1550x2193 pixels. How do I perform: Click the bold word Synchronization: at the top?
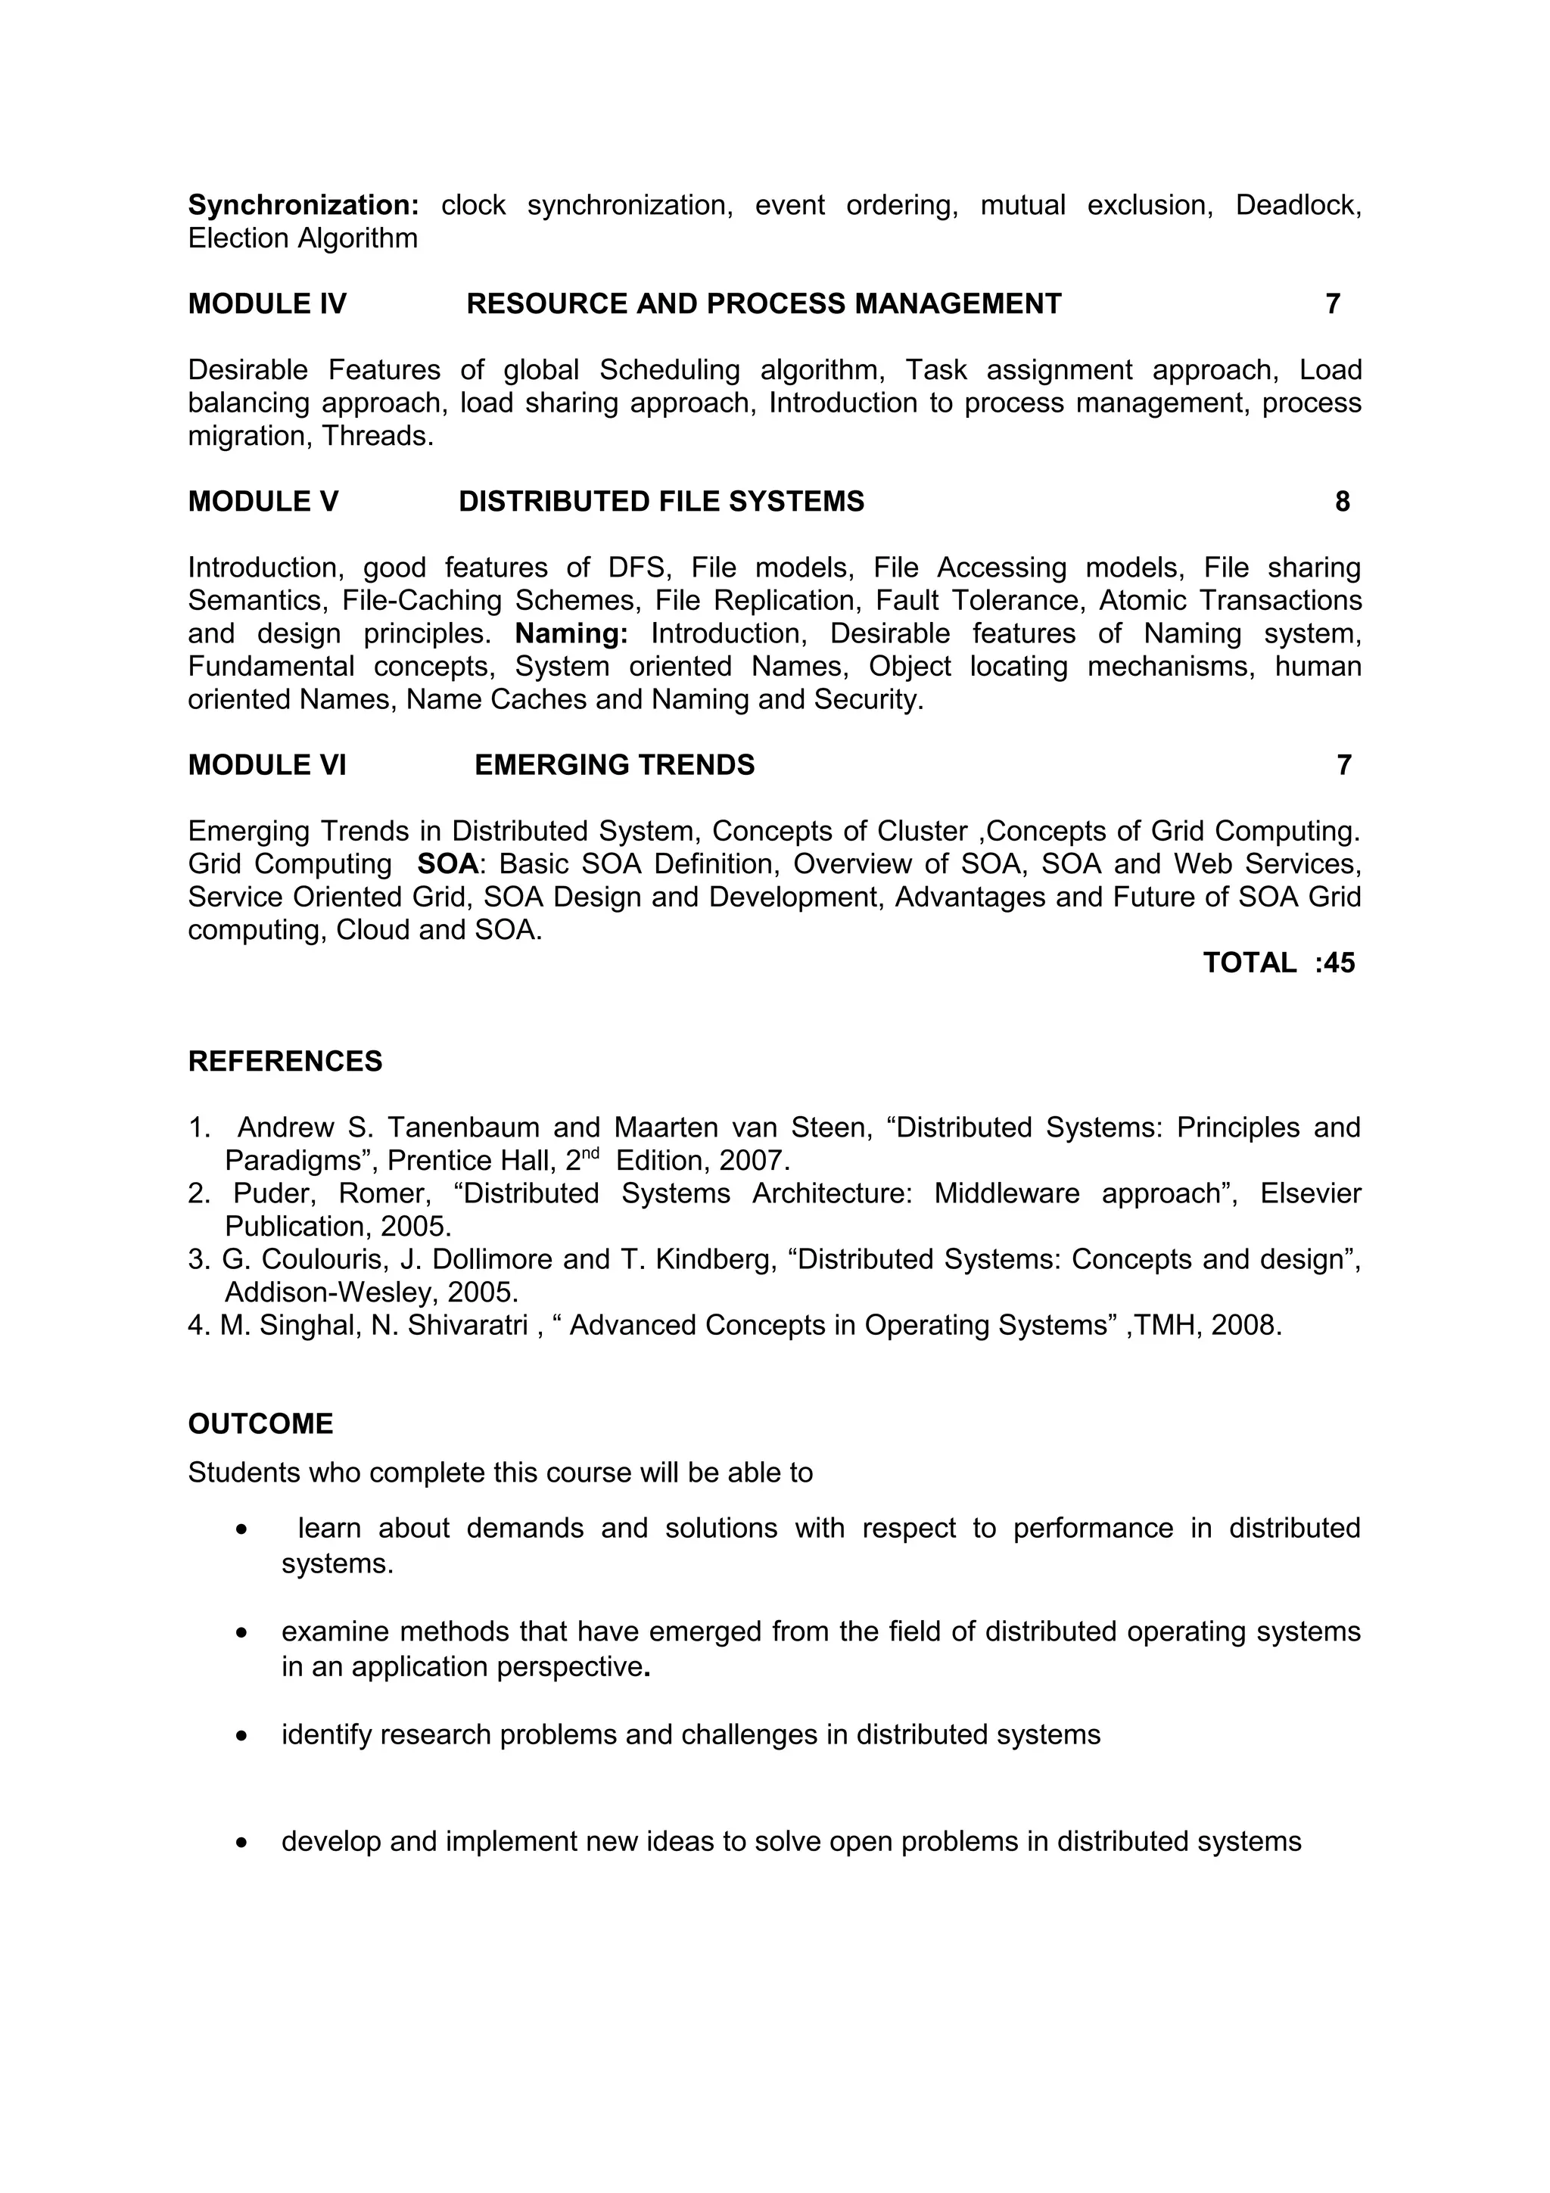click(x=303, y=205)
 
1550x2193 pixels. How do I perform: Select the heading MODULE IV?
click(x=267, y=303)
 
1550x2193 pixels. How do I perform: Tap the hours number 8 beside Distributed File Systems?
click(x=1342, y=502)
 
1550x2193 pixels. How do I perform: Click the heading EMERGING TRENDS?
click(x=614, y=765)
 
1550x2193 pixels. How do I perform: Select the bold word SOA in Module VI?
click(x=447, y=864)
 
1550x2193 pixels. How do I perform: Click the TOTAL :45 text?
click(x=1278, y=963)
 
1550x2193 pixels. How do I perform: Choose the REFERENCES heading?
click(x=285, y=1061)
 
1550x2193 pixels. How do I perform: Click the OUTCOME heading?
click(x=260, y=1424)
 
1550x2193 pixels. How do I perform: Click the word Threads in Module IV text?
click(x=375, y=437)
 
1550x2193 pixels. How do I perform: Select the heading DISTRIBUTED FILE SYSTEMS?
click(x=661, y=502)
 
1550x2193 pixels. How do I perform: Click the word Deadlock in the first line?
click(x=1296, y=205)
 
